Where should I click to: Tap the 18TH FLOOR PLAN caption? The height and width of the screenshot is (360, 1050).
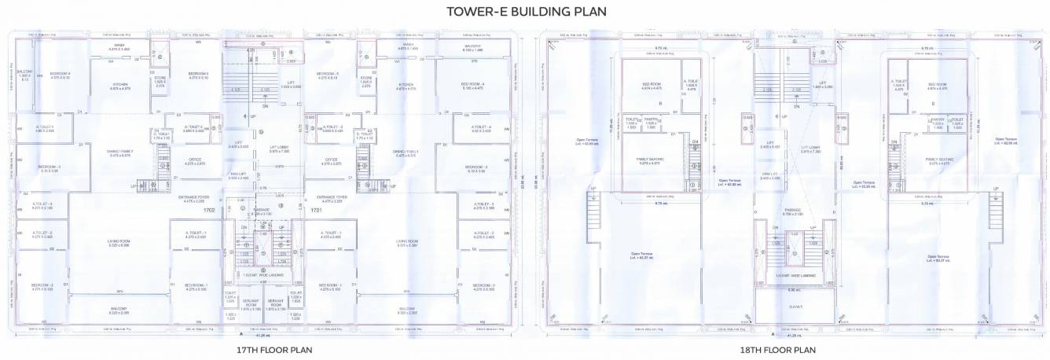776,350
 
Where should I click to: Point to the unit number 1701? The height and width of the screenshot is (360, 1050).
317,211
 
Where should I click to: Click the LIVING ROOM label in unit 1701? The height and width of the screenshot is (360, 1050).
406,243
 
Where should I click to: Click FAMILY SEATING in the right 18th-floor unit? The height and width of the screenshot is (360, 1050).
939,160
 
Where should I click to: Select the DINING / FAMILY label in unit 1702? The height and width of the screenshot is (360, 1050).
120,152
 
